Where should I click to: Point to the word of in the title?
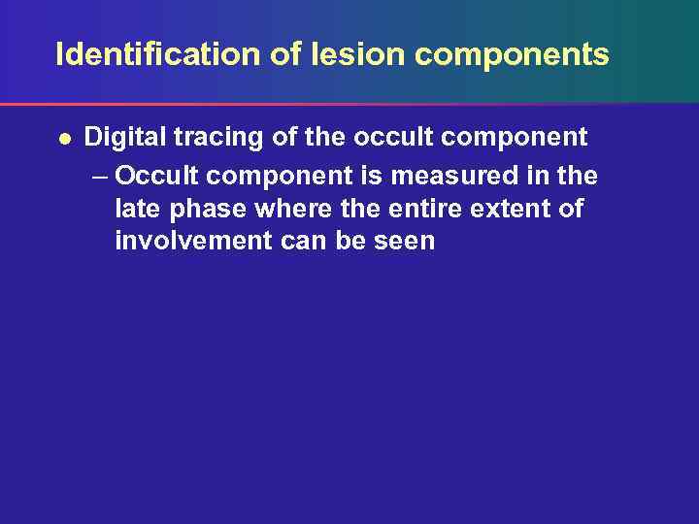[286, 54]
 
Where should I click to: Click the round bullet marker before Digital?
[63, 139]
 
